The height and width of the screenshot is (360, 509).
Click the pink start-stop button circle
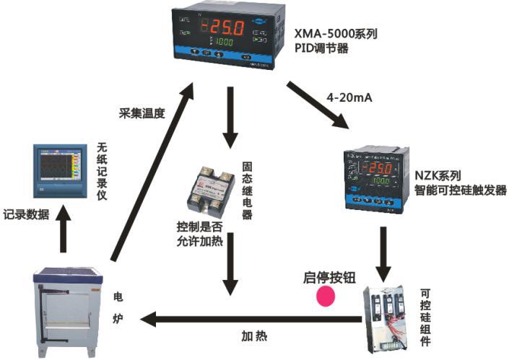point(328,297)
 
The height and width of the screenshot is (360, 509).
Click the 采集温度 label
point(142,113)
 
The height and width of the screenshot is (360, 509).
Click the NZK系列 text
point(437,175)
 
